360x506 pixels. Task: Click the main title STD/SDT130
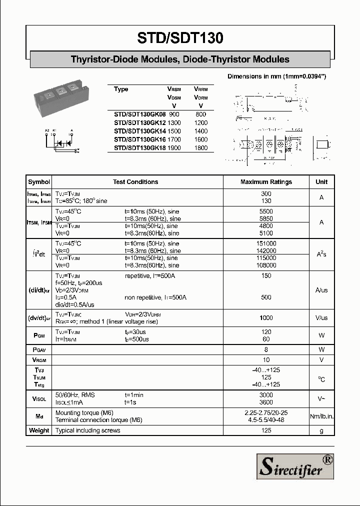(x=180, y=38)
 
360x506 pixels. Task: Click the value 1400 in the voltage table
(x=200, y=131)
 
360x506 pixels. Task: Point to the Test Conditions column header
(x=135, y=182)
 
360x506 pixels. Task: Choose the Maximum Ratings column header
(x=266, y=182)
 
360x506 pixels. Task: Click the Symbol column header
(x=39, y=182)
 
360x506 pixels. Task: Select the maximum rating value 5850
(x=266, y=218)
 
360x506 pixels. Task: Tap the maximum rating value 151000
(x=266, y=243)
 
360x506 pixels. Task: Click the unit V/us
(x=321, y=317)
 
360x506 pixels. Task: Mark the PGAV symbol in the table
(x=39, y=349)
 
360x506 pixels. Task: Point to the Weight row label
(x=39, y=430)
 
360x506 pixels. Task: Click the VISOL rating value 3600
(x=266, y=402)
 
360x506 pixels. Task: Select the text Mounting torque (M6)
(x=84, y=413)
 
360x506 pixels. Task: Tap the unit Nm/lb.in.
(x=321, y=416)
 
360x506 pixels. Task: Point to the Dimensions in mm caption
(x=276, y=76)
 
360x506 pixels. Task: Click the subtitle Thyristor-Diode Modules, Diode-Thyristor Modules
(x=180, y=59)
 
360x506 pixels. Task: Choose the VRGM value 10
(x=266, y=360)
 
